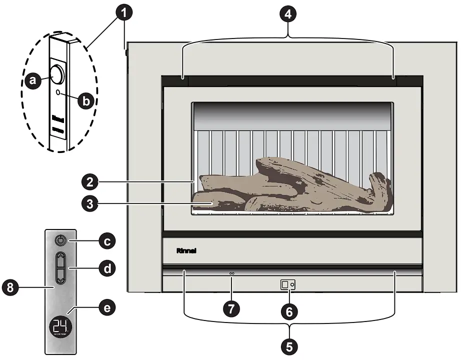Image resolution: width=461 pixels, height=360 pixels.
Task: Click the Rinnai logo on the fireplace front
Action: click(185, 250)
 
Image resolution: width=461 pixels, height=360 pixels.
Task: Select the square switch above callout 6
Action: click(284, 285)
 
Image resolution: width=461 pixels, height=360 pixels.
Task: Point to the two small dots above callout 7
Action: click(231, 273)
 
